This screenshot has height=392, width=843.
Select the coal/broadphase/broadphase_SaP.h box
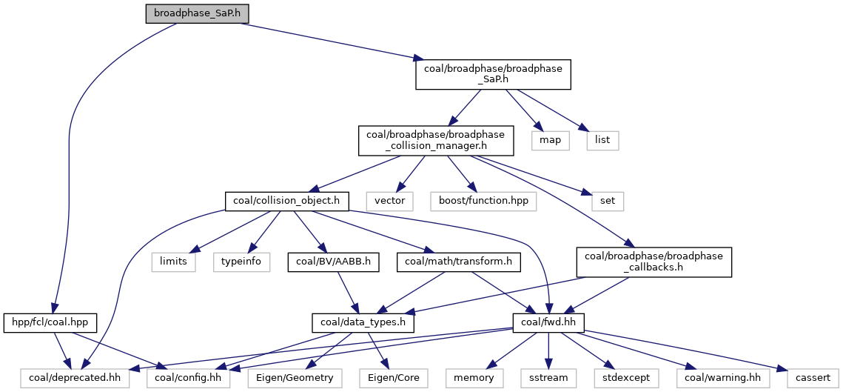click(x=493, y=74)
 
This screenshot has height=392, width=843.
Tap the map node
click(x=550, y=139)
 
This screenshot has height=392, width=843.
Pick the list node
click(x=602, y=139)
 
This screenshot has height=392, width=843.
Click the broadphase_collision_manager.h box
click(x=431, y=139)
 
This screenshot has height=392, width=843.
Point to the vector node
click(x=388, y=200)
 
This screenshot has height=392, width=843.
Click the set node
click(x=602, y=200)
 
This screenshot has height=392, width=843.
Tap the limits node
click(x=173, y=262)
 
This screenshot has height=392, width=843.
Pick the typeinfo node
click(x=242, y=262)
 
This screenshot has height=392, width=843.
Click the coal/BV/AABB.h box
click(x=334, y=262)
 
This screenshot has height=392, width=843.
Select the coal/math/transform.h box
click(x=459, y=262)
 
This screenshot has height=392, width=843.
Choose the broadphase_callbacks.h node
click(x=654, y=262)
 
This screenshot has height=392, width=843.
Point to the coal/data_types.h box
click(x=362, y=323)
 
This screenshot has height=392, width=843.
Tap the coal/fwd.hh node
click(x=548, y=323)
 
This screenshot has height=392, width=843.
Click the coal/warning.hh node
click(x=723, y=378)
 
